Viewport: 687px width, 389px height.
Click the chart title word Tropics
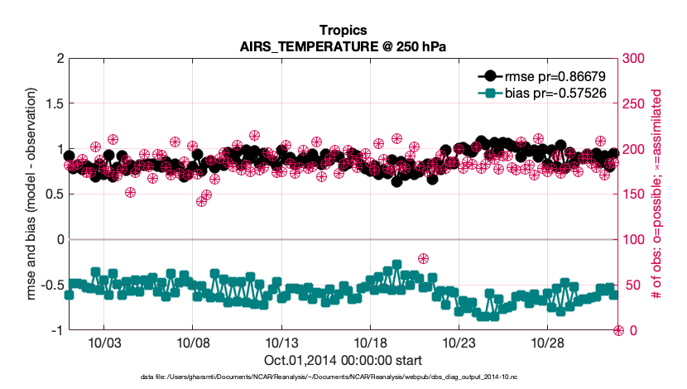pyautogui.click(x=343, y=31)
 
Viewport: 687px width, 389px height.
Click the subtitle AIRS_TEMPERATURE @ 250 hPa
pyautogui.click(x=343, y=46)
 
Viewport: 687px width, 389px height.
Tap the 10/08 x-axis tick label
pyautogui.click(x=192, y=343)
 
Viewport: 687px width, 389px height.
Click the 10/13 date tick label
pyautogui.click(x=281, y=343)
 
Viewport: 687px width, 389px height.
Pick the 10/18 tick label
pyautogui.click(x=370, y=343)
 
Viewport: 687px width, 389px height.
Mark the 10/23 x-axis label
pyautogui.click(x=459, y=343)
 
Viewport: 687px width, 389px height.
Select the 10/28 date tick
pyautogui.click(x=547, y=343)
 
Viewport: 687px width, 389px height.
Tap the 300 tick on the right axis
pyautogui.click(x=634, y=59)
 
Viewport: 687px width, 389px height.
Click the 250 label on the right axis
pyautogui.click(x=634, y=104)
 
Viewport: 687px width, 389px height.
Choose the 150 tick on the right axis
pyautogui.click(x=634, y=194)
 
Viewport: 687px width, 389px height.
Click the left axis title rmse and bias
pyautogui.click(x=24, y=194)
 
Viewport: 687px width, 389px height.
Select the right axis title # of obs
pyautogui.click(x=665, y=194)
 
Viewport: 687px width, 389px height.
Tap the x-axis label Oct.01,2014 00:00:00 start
pyautogui.click(x=343, y=360)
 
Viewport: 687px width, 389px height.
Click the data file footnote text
pyautogui.click(x=343, y=377)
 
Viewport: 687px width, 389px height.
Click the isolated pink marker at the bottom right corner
pyautogui.click(x=617, y=330)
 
